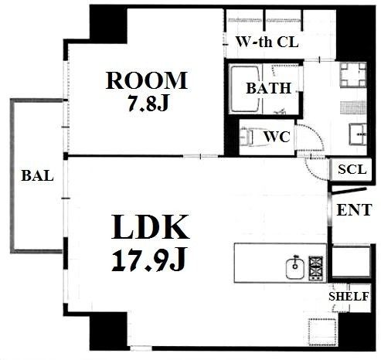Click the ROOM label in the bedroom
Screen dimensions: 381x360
[146, 80]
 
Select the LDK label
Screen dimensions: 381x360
[151, 227]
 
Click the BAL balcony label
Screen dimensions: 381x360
[37, 175]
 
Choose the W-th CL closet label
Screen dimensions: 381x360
[267, 42]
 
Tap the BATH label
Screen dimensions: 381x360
[268, 88]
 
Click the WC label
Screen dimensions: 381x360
[277, 137]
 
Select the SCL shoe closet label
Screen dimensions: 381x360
[352, 169]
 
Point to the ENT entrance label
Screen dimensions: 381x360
[354, 209]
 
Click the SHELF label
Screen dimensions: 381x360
[349, 297]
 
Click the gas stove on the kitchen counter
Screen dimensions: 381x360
[315, 268]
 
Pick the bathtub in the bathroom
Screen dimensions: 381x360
[244, 89]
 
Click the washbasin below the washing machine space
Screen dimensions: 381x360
[358, 134]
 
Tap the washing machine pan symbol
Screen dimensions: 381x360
[353, 75]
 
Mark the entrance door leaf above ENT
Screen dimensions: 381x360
[349, 191]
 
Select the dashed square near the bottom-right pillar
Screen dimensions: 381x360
[323, 332]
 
